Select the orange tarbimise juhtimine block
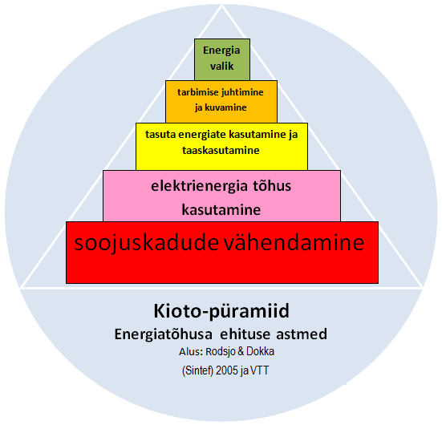(x=221, y=102)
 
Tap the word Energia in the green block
(x=221, y=51)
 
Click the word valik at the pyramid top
(x=222, y=67)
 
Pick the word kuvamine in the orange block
(x=225, y=107)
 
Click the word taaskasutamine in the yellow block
(x=221, y=150)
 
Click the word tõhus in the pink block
(x=273, y=186)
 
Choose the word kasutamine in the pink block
(x=221, y=210)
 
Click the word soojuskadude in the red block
(x=146, y=243)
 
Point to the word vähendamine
(x=294, y=243)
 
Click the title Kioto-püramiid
(x=221, y=311)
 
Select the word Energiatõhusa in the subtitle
(x=164, y=334)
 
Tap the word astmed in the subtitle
(x=302, y=334)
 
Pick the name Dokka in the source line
(x=260, y=351)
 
